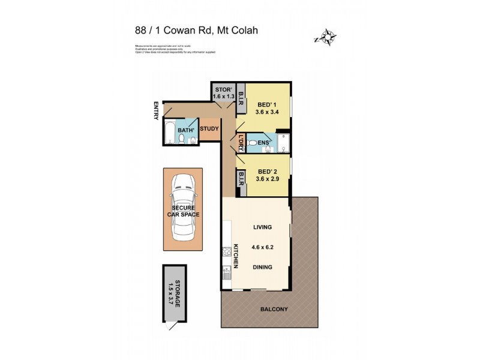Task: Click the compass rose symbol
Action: (x=325, y=37)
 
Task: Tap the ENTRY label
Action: (x=156, y=110)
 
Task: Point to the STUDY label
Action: (x=209, y=128)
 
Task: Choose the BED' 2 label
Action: (x=262, y=174)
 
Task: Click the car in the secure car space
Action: (x=183, y=207)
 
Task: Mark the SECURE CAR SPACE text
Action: (x=183, y=211)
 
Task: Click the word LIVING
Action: (x=262, y=227)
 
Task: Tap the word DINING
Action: (x=262, y=267)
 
